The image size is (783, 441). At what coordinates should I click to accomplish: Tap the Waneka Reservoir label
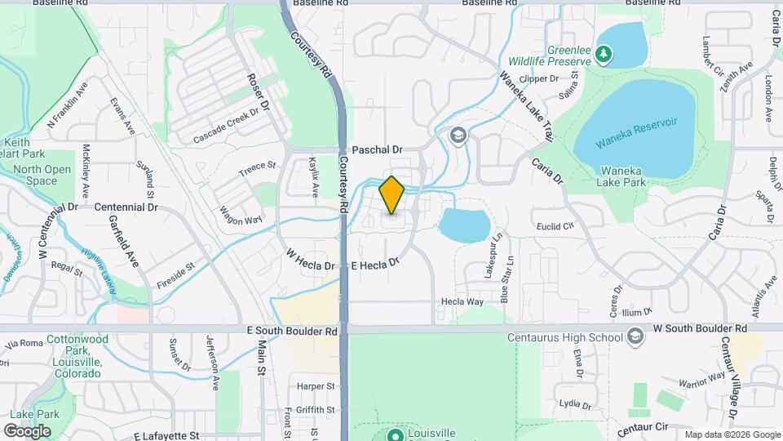(x=638, y=122)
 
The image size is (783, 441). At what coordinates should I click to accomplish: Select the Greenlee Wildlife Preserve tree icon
(x=603, y=54)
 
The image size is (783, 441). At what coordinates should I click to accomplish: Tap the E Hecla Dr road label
(x=374, y=265)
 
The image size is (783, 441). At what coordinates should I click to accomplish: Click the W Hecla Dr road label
(x=309, y=259)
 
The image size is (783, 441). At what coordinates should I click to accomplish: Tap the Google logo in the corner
(x=27, y=430)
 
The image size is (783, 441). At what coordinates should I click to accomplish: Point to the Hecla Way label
(x=462, y=302)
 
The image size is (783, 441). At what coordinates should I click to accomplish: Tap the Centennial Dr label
(x=126, y=207)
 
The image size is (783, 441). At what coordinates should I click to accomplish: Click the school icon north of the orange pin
(x=458, y=135)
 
